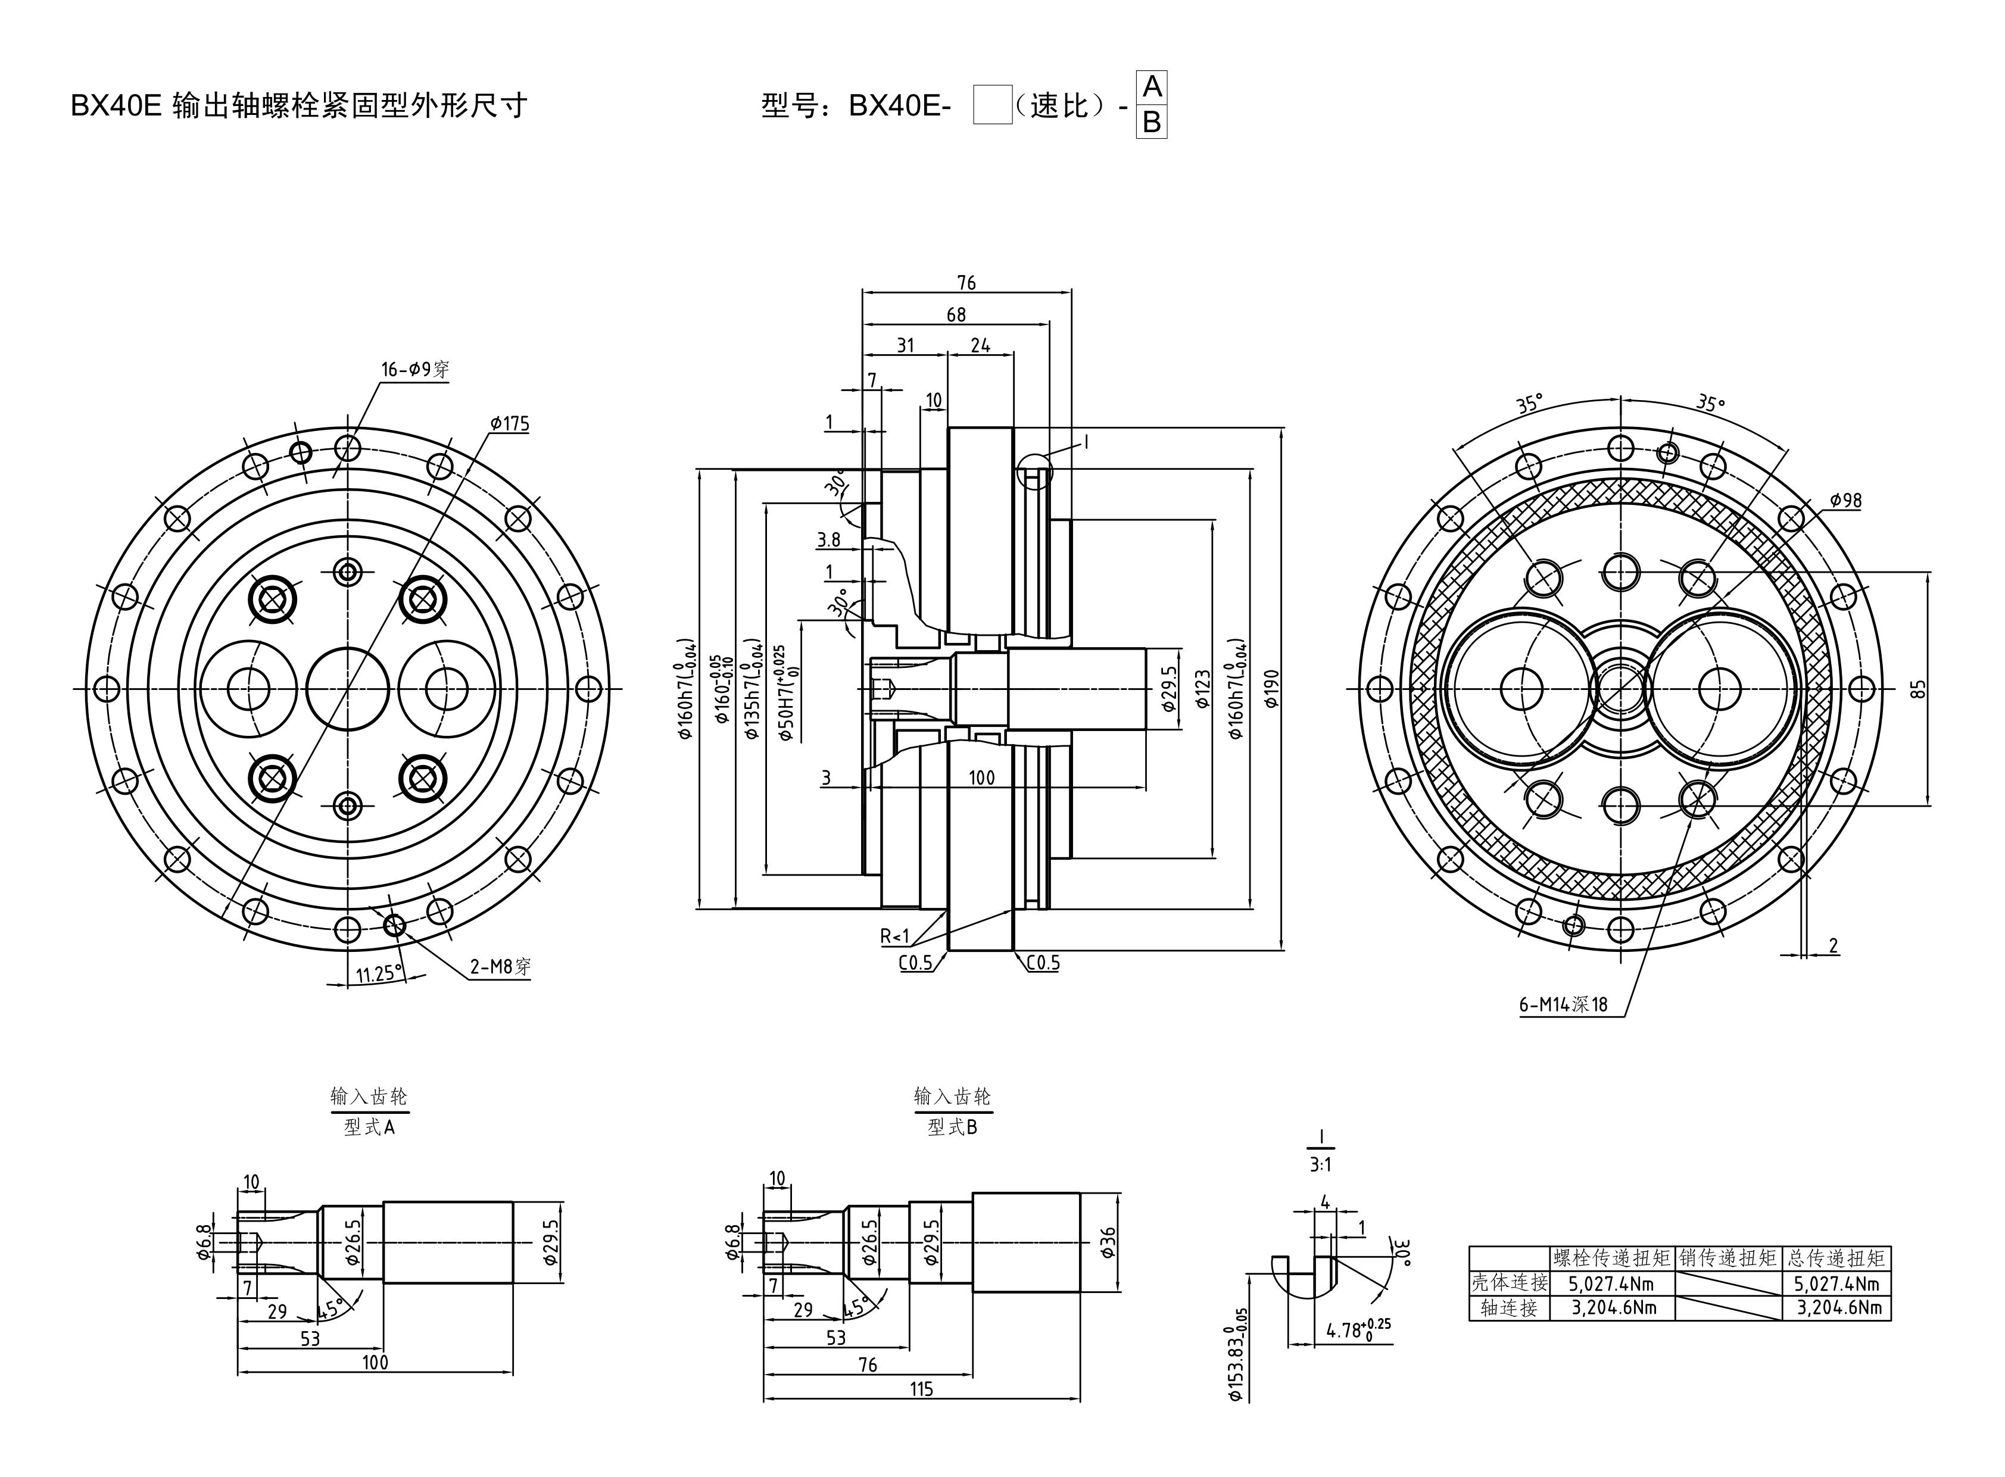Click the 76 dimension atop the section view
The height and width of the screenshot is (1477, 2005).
966,283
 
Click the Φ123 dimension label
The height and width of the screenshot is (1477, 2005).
1203,688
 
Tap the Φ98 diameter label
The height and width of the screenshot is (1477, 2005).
1845,501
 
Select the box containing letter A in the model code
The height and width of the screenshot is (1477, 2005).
1152,88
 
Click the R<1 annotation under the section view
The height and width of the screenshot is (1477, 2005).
894,936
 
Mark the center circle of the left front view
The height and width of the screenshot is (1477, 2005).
348,688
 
